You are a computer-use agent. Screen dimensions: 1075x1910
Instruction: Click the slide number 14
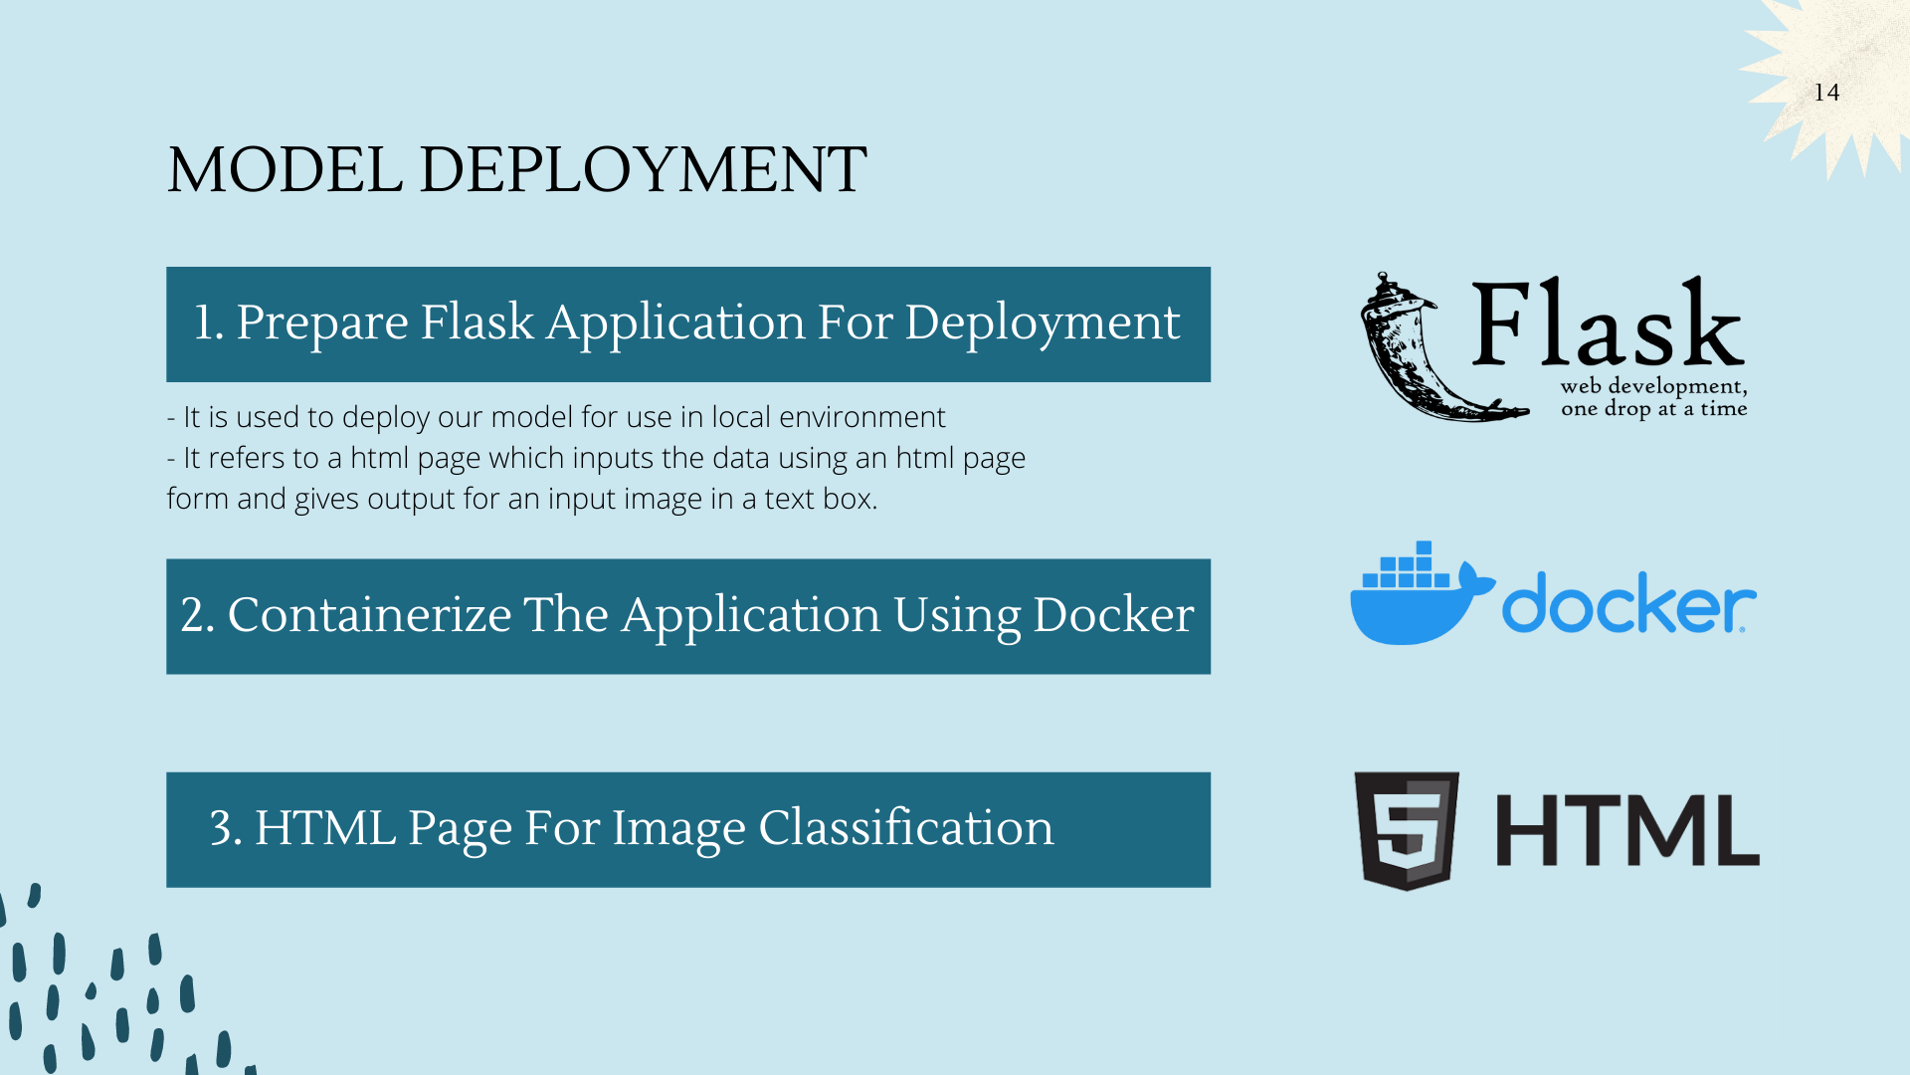[1826, 93]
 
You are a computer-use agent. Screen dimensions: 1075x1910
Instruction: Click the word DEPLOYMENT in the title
[643, 170]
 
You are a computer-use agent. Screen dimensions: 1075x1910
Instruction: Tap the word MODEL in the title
[285, 170]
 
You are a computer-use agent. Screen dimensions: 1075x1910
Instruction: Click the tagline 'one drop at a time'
[1653, 409]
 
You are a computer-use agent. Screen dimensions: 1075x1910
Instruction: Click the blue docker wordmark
[1627, 603]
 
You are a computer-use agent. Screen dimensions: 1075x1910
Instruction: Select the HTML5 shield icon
[1407, 829]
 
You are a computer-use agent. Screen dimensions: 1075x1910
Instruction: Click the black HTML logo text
[1627, 830]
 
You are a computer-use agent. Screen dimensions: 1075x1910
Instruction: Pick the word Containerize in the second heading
[369, 615]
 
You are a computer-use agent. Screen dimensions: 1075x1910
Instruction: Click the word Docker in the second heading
[1113, 615]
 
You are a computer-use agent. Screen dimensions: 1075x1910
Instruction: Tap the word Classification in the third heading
[905, 828]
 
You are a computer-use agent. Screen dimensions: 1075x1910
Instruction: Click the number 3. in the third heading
[226, 828]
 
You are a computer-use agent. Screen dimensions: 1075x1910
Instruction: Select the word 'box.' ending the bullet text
[851, 499]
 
